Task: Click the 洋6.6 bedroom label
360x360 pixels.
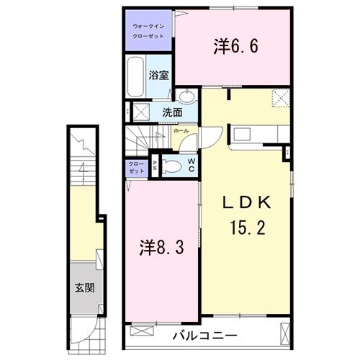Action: pos(235,47)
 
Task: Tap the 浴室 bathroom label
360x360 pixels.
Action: pos(158,74)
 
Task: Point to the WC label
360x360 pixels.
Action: pos(192,165)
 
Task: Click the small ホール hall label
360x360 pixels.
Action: pos(181,131)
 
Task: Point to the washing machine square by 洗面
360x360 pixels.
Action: pos(141,112)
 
